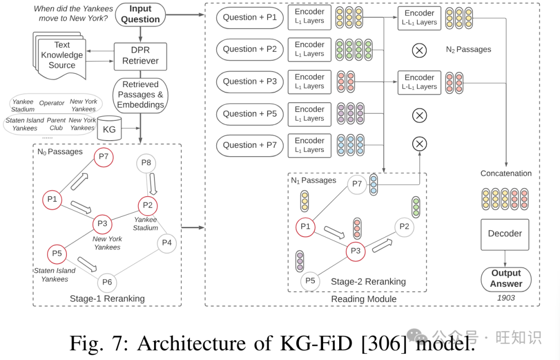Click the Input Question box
click(141, 15)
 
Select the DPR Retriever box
click(140, 56)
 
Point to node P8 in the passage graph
click(146, 163)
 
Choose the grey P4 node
click(166, 242)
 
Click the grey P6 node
click(107, 282)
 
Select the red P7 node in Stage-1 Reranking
click(104, 157)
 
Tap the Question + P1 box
click(249, 17)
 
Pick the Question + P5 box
click(249, 114)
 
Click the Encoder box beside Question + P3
click(310, 81)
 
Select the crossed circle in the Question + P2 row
click(419, 50)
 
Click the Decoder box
click(505, 234)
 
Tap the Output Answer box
click(506, 279)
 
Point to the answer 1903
click(506, 298)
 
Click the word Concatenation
click(506, 173)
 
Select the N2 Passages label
click(468, 50)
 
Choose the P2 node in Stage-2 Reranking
click(404, 226)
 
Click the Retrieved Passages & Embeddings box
click(140, 94)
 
